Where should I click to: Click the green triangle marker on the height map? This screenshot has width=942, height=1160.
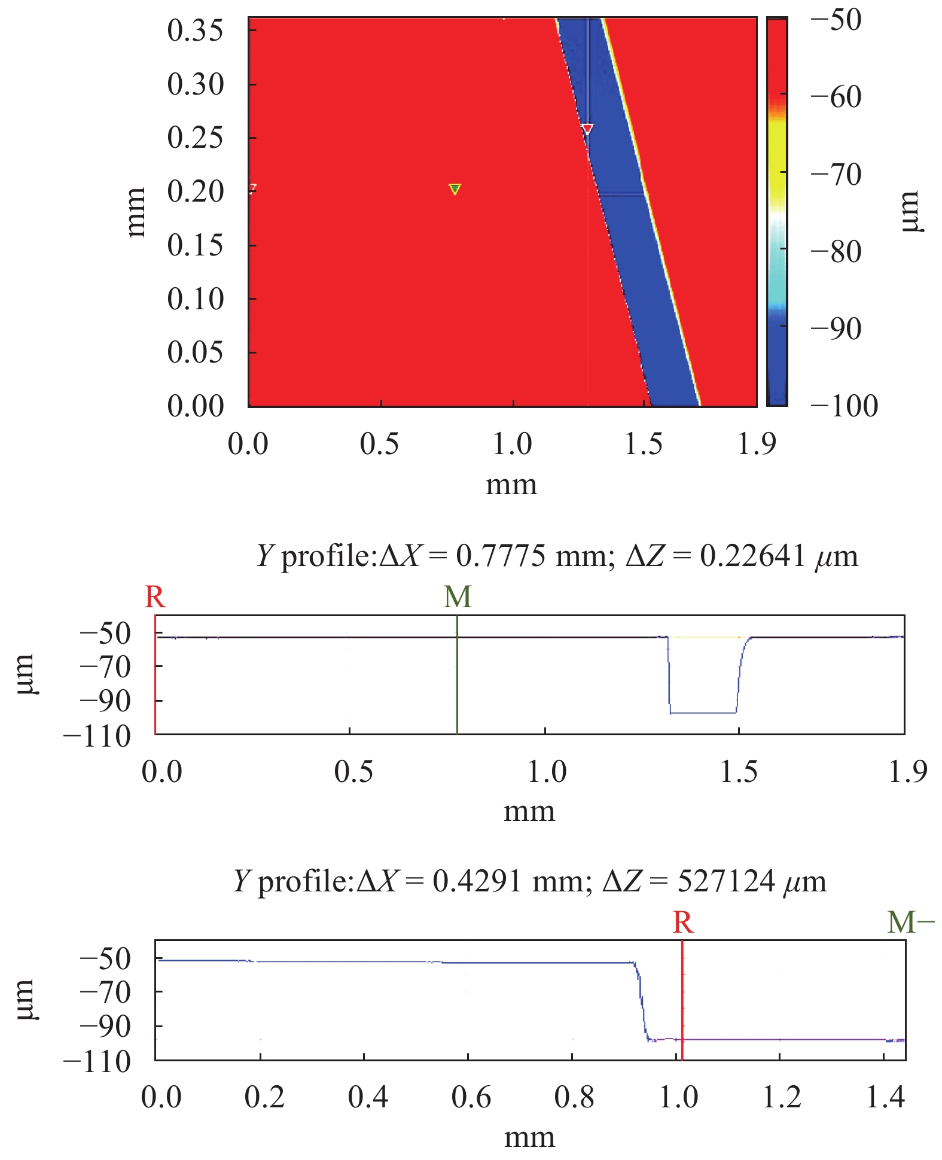pos(455,189)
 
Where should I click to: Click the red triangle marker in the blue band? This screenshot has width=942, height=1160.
pos(587,129)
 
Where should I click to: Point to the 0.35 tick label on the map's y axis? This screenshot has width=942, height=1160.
pos(195,31)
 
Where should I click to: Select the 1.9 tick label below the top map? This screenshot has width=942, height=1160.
pos(756,444)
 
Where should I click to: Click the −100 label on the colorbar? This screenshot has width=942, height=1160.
pos(844,406)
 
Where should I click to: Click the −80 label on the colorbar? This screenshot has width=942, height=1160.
pos(836,251)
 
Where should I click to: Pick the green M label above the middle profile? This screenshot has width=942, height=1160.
pos(458,597)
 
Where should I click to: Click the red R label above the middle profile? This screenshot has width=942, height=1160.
pos(155,597)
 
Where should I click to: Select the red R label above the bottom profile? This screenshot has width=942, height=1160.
pos(682,922)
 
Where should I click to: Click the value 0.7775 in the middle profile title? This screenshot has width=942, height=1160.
pos(501,556)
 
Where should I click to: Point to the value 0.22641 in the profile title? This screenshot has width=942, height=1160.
pos(752,556)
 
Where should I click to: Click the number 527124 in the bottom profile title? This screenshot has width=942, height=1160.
pos(726,881)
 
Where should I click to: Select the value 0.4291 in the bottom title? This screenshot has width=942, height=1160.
pos(477,881)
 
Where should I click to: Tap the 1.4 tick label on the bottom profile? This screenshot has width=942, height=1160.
pos(885,1097)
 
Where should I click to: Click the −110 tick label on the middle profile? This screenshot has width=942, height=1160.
pos(97,736)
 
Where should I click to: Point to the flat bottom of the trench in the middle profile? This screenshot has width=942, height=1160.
pos(703,713)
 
